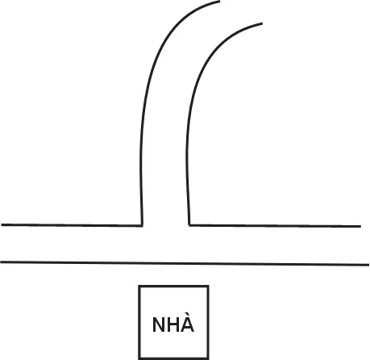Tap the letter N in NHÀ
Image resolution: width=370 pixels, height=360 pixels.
click(159, 324)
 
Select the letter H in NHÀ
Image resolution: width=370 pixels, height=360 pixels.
click(173, 324)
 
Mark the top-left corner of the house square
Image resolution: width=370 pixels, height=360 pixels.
click(139, 286)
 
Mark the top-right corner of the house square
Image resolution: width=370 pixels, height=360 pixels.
click(208, 286)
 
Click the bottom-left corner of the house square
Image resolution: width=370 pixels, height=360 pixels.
click(139, 358)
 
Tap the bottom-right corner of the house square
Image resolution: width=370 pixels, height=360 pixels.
click(208, 358)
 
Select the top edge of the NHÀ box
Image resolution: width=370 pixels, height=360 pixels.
click(173, 286)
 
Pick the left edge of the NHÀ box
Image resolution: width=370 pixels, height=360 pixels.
click(139, 322)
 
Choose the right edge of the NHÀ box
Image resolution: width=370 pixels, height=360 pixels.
click(208, 322)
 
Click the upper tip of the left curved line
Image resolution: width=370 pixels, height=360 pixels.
click(220, 2)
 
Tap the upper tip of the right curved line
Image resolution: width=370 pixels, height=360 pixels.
click(262, 23)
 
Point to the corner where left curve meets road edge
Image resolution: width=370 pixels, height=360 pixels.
click(142, 225)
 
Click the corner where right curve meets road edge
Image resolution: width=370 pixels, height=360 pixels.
click(189, 225)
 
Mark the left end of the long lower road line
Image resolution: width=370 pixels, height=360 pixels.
click(1, 262)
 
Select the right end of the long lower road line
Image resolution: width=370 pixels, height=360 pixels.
click(368, 265)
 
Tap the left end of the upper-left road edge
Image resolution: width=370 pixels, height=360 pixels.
click(2, 224)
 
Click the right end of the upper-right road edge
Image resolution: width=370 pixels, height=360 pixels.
click(360, 227)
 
